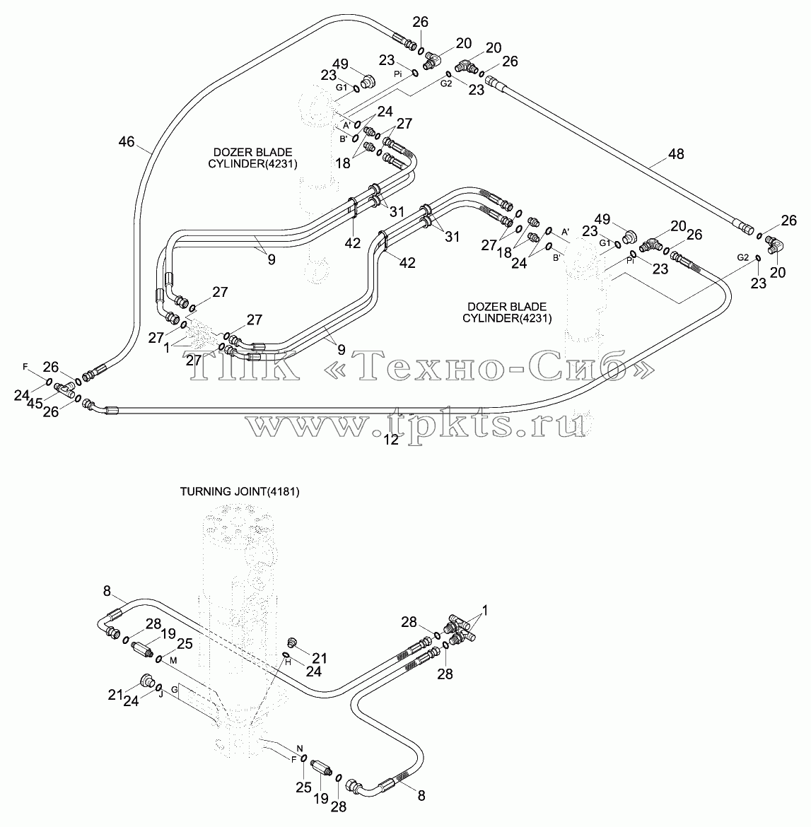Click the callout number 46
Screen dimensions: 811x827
(127, 141)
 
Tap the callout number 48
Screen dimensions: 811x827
(676, 153)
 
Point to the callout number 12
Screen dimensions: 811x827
(391, 440)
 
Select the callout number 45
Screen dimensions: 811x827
(35, 404)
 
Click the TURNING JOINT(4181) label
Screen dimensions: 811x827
(240, 491)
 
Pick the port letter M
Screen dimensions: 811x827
(173, 660)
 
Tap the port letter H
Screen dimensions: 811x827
(288, 662)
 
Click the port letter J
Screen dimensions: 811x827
(161, 694)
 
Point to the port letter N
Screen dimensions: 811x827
(300, 748)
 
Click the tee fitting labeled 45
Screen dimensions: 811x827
(64, 389)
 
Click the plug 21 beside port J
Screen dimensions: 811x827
(147, 681)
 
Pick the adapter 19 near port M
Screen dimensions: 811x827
(141, 647)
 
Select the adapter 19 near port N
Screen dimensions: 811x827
(322, 766)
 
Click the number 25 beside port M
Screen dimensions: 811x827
(184, 644)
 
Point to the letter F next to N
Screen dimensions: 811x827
(294, 759)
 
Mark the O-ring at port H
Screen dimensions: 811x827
(286, 655)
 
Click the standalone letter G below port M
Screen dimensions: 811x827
(175, 689)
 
